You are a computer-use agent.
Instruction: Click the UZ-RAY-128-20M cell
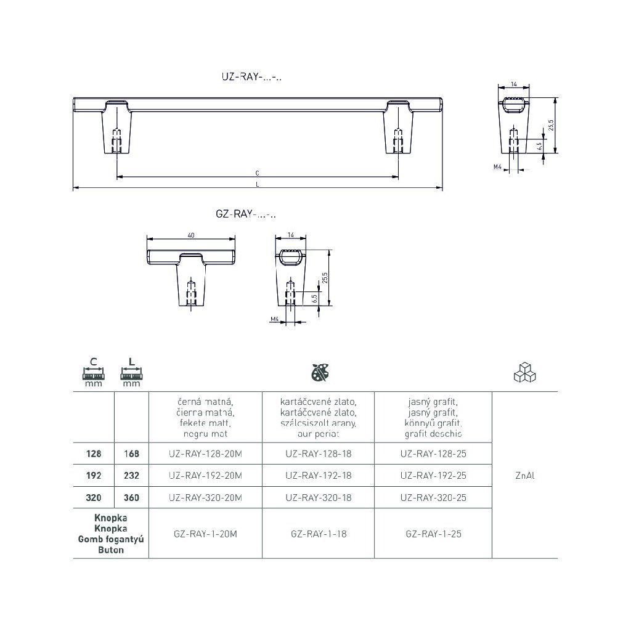(x=205, y=454)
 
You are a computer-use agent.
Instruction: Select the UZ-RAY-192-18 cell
(x=319, y=475)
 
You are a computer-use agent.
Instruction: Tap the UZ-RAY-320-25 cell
(x=433, y=497)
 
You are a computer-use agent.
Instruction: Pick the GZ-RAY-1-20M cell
(x=205, y=534)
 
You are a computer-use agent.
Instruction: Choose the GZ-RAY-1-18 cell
(x=319, y=534)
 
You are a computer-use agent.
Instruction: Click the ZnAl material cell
(x=525, y=476)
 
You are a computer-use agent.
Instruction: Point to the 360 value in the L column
(x=131, y=497)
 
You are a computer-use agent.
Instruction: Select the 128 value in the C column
(x=94, y=454)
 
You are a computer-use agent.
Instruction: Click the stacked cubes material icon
(x=525, y=373)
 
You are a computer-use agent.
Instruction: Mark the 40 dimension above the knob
(x=191, y=235)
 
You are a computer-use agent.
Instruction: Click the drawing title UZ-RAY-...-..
(x=251, y=76)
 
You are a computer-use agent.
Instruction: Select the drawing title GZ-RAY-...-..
(x=246, y=214)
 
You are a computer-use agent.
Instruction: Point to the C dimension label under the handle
(x=257, y=173)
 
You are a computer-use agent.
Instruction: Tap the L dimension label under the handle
(x=257, y=184)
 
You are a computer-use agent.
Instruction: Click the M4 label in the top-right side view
(x=497, y=166)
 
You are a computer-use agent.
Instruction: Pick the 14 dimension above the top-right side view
(x=513, y=84)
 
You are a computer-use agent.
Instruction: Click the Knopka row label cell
(x=111, y=534)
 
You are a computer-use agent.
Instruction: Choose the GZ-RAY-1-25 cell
(x=433, y=534)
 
